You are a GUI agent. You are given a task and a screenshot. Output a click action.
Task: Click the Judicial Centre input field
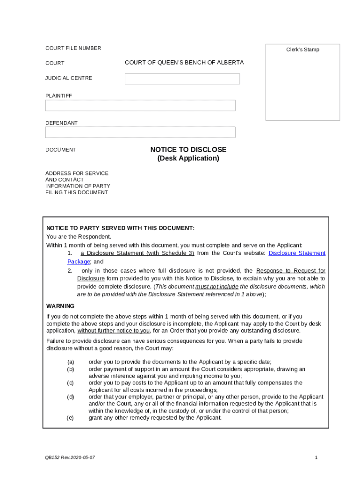click(182, 79)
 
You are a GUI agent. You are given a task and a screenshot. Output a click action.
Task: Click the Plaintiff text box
click(140, 106)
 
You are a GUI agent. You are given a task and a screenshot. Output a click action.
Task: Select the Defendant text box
click(140, 132)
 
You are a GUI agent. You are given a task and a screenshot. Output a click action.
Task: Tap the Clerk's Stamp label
click(302, 50)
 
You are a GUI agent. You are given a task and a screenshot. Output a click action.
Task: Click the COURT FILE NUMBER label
click(73, 48)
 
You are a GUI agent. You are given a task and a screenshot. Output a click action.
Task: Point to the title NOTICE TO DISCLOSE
click(188, 150)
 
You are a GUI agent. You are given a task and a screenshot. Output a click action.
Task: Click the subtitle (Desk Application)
click(188, 159)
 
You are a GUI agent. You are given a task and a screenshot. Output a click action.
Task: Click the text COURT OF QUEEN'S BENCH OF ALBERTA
click(184, 63)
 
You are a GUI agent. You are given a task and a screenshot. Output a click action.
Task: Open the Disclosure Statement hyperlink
click(296, 253)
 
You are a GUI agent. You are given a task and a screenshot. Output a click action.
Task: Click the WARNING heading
click(60, 306)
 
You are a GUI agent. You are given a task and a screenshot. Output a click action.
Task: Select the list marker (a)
click(71, 362)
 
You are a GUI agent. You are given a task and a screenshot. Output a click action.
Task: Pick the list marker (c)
click(71, 383)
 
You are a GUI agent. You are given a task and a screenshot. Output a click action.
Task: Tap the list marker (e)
click(71, 418)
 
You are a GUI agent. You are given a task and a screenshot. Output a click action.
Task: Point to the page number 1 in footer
click(316, 457)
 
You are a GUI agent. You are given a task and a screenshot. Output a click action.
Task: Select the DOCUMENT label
click(60, 150)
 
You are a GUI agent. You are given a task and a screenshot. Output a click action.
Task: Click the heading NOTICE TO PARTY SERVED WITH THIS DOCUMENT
click(120, 228)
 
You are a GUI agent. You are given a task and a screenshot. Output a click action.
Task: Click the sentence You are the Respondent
click(79, 237)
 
